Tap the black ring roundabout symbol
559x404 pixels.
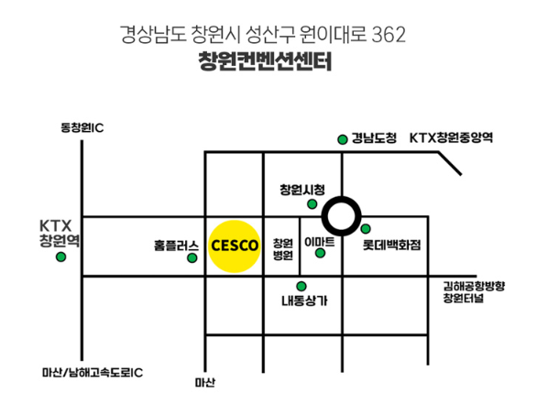tap(343, 216)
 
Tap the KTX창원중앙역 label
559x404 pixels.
tap(451, 138)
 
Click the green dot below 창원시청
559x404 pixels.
tap(312, 203)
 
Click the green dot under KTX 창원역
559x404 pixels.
tap(61, 257)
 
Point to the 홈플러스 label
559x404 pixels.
tap(177, 246)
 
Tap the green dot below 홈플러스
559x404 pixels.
tap(192, 258)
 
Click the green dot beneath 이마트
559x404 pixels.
tap(321, 253)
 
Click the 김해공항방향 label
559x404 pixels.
tap(474, 286)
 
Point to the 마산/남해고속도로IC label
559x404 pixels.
tap(93, 373)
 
